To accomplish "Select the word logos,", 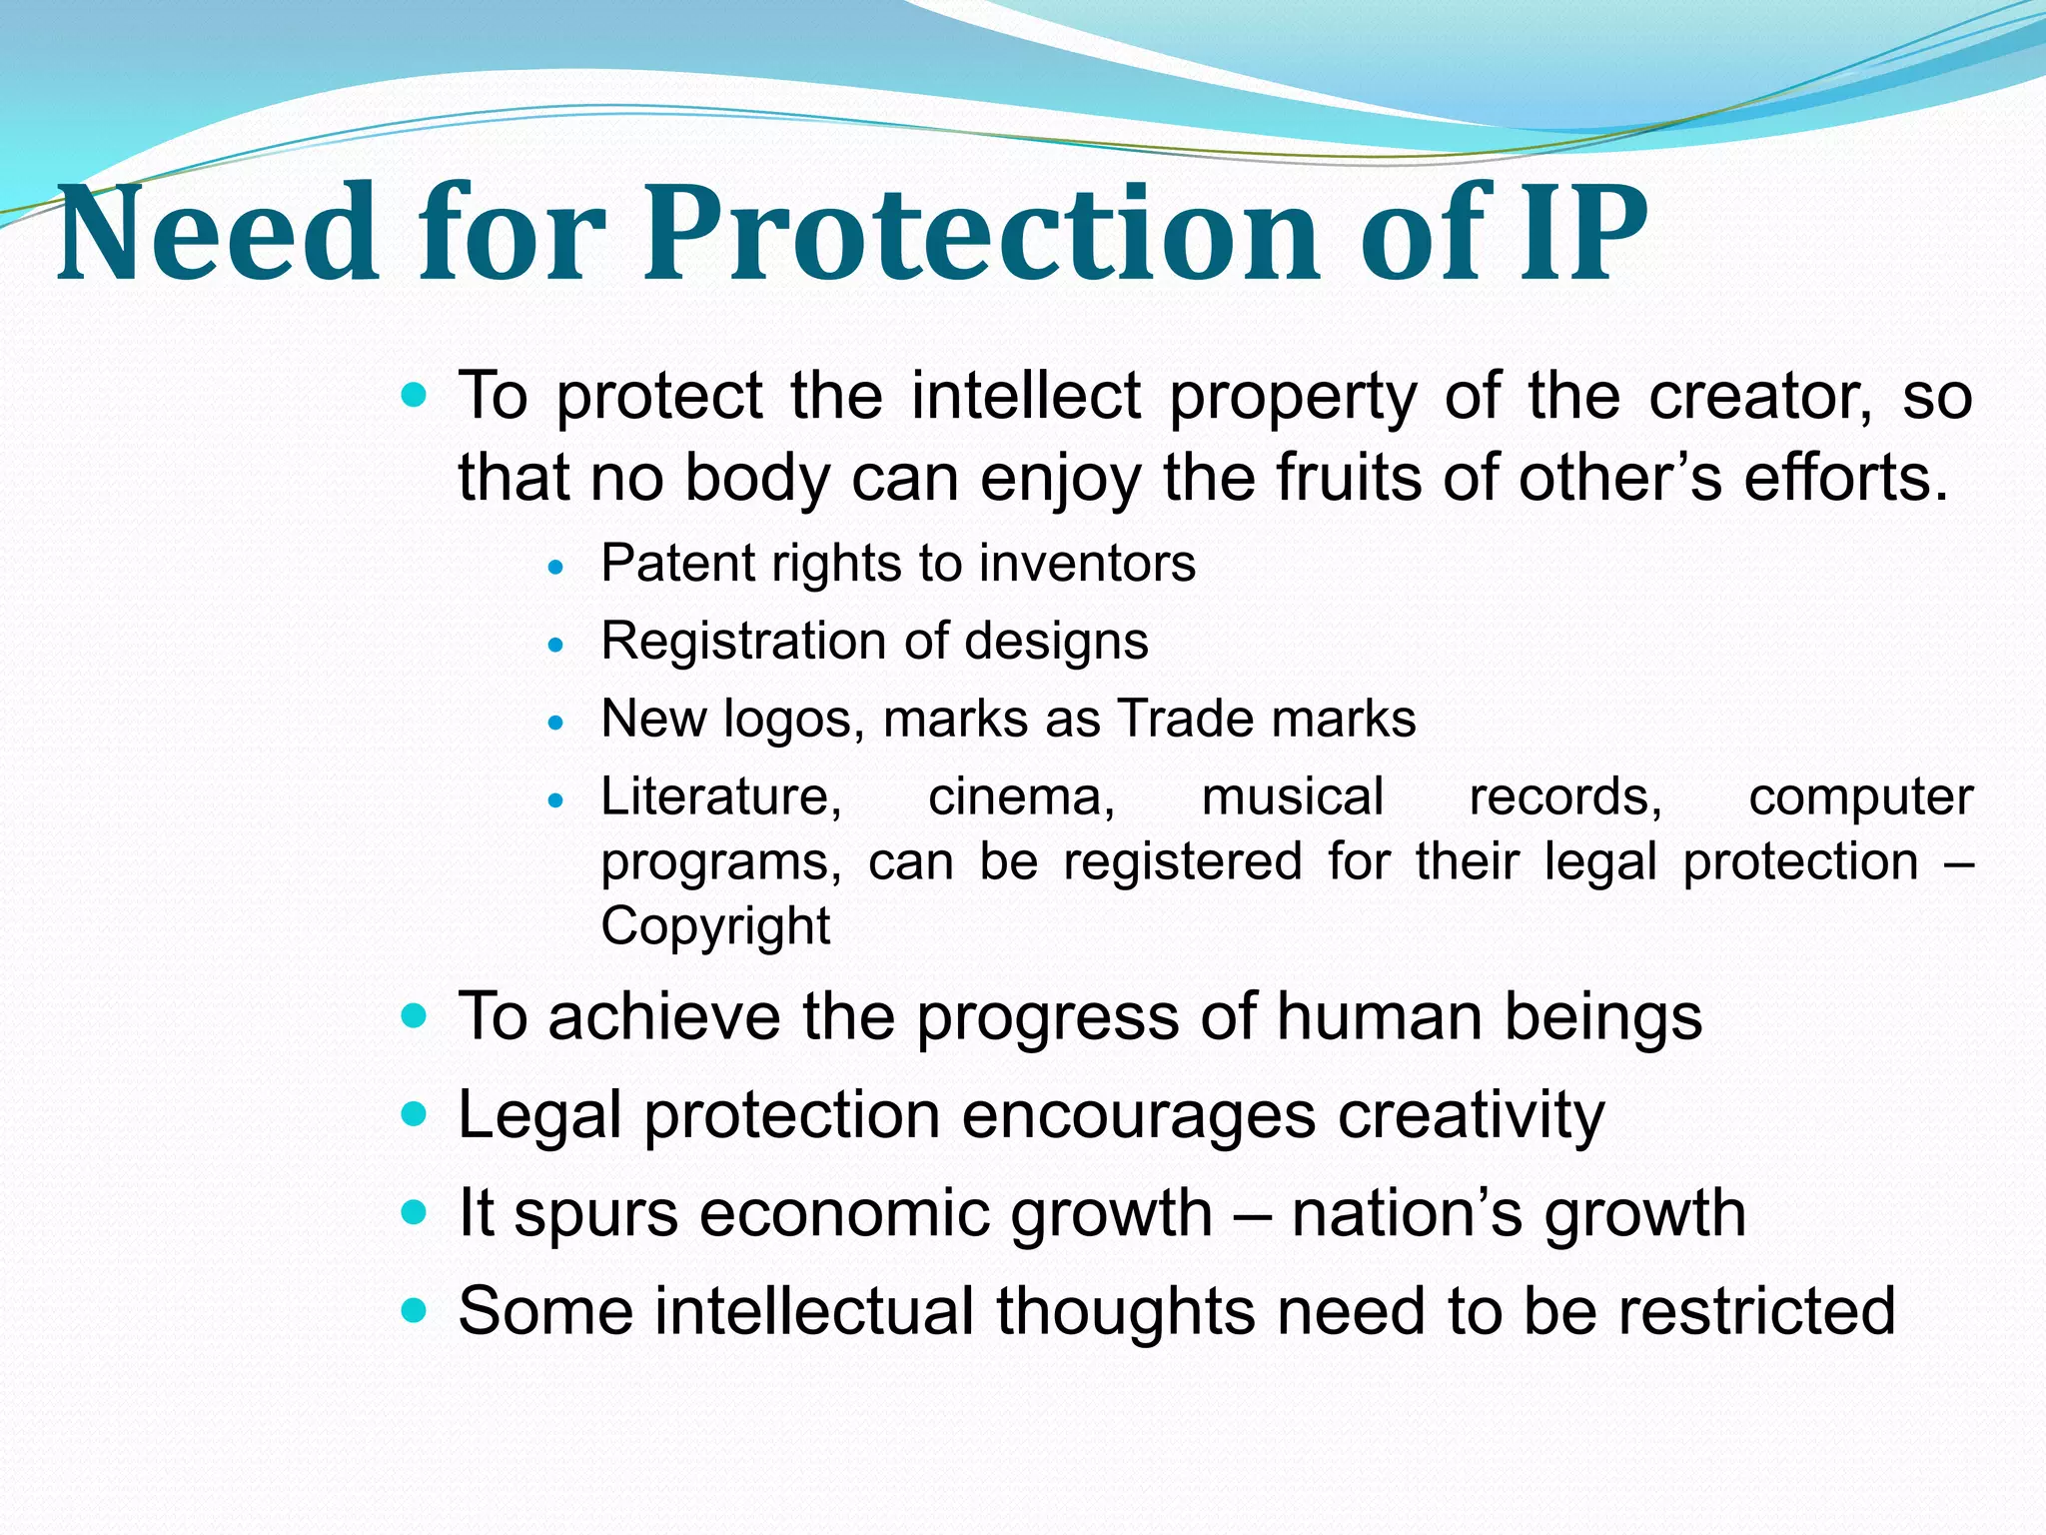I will pyautogui.click(x=794, y=720).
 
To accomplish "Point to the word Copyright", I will pyautogui.click(x=715, y=926).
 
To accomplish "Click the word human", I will pyautogui.click(x=1380, y=1016).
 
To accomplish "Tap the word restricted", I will pyautogui.click(x=1756, y=1310).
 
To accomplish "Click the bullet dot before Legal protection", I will pyautogui.click(x=413, y=1113).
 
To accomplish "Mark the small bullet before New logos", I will pyautogui.click(x=557, y=722).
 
